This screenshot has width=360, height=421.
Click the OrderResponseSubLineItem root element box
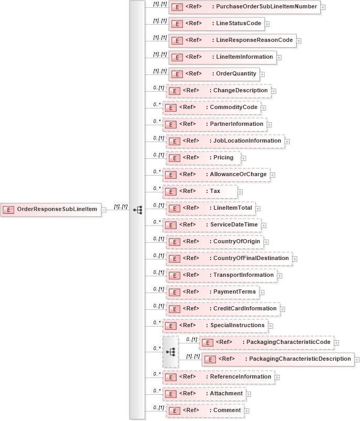pyautogui.click(x=51, y=210)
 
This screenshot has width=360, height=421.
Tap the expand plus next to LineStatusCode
pyautogui.click(x=267, y=24)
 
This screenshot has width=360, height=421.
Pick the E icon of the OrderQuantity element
pyautogui.click(x=177, y=74)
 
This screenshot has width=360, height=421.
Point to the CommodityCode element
pyautogui.click(x=215, y=107)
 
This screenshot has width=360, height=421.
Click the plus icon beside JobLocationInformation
pyautogui.click(x=287, y=142)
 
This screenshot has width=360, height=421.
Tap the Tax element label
pyautogui.click(x=215, y=191)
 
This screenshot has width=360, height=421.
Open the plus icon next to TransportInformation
pyautogui.click(x=280, y=276)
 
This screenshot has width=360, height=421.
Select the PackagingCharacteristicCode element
pyautogui.click(x=267, y=342)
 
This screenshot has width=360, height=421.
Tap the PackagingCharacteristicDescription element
pyautogui.click(x=278, y=359)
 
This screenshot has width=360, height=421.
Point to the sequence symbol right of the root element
pyautogui.click(x=138, y=210)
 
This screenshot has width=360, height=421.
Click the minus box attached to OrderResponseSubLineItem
pyautogui.click(x=104, y=210)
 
